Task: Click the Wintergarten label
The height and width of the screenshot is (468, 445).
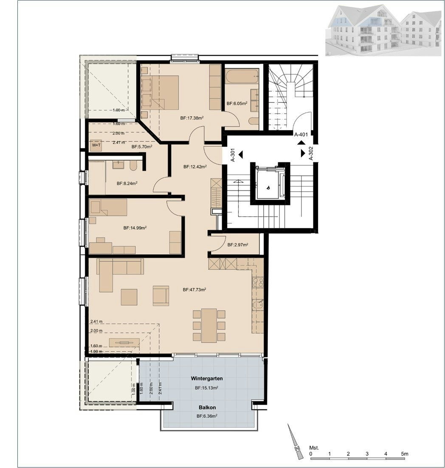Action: pos(207,378)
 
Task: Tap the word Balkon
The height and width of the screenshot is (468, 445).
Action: pos(207,407)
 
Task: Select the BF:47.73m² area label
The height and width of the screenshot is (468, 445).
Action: pos(194,289)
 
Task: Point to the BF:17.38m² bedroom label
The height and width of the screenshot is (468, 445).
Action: pos(192,118)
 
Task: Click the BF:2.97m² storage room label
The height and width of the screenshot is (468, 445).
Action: pos(238,245)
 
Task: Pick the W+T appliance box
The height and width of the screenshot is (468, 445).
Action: pos(96,145)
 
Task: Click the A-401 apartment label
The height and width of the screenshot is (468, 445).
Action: pos(301,135)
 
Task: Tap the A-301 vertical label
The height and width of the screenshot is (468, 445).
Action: pos(233,155)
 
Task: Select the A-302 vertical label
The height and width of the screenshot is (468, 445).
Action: pos(311,153)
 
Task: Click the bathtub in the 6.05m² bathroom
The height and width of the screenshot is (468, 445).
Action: pos(242,77)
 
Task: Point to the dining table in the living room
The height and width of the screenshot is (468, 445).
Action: pos(208,326)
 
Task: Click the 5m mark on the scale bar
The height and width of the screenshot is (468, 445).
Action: pos(405,454)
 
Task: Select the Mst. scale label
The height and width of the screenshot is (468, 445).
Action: pos(314,448)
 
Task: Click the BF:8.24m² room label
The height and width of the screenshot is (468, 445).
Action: pos(127,184)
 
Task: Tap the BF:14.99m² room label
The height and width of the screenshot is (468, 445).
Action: pos(135,228)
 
